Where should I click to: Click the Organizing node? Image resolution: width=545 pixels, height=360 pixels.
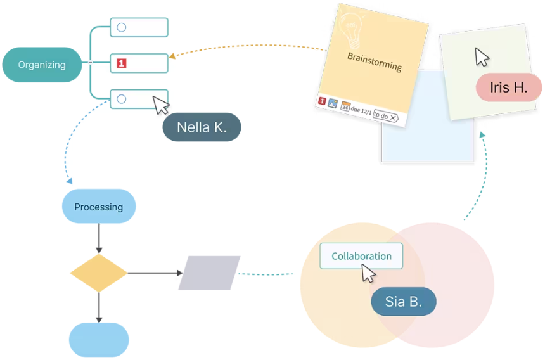pyautogui.click(x=42, y=65)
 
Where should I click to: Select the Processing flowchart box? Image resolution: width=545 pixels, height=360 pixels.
pyautogui.click(x=98, y=207)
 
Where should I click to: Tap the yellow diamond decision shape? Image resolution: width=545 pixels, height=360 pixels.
pyautogui.click(x=98, y=273)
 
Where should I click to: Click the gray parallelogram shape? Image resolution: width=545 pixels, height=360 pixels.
pyautogui.click(x=209, y=273)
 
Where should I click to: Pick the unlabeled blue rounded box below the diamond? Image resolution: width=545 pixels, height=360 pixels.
pyautogui.click(x=98, y=340)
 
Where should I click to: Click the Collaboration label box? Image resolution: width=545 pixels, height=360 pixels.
pyautogui.click(x=361, y=256)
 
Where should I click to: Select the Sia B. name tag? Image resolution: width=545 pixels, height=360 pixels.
pyautogui.click(x=403, y=302)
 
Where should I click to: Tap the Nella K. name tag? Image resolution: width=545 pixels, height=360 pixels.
pyautogui.click(x=202, y=127)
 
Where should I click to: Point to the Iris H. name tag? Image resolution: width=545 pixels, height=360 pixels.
pyautogui.click(x=508, y=88)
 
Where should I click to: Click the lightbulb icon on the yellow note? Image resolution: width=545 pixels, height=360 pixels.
pyautogui.click(x=350, y=29)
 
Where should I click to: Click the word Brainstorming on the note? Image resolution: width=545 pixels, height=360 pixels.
pyautogui.click(x=375, y=61)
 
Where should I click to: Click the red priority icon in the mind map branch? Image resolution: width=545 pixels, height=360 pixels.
pyautogui.click(x=122, y=63)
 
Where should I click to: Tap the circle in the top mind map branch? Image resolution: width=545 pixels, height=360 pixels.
pyautogui.click(x=122, y=27)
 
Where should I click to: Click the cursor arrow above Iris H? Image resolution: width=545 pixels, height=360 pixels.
pyautogui.click(x=482, y=56)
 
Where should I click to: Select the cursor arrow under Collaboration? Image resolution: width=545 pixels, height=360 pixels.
pyautogui.click(x=368, y=273)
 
